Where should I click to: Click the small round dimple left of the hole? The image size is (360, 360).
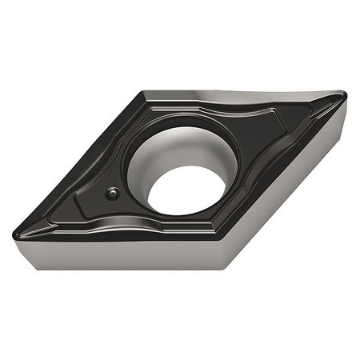113,193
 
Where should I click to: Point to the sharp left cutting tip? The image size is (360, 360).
18,234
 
